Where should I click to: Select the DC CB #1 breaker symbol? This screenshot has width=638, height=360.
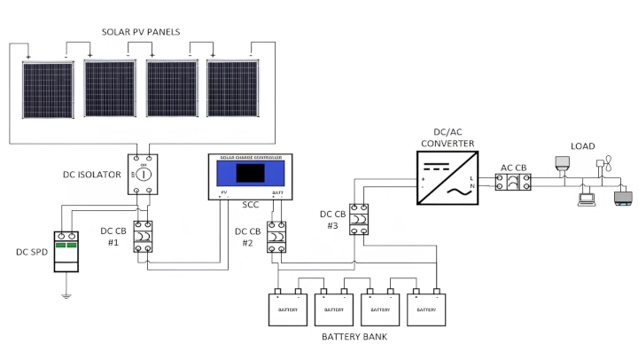143,237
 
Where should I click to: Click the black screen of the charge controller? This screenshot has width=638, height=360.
248,174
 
